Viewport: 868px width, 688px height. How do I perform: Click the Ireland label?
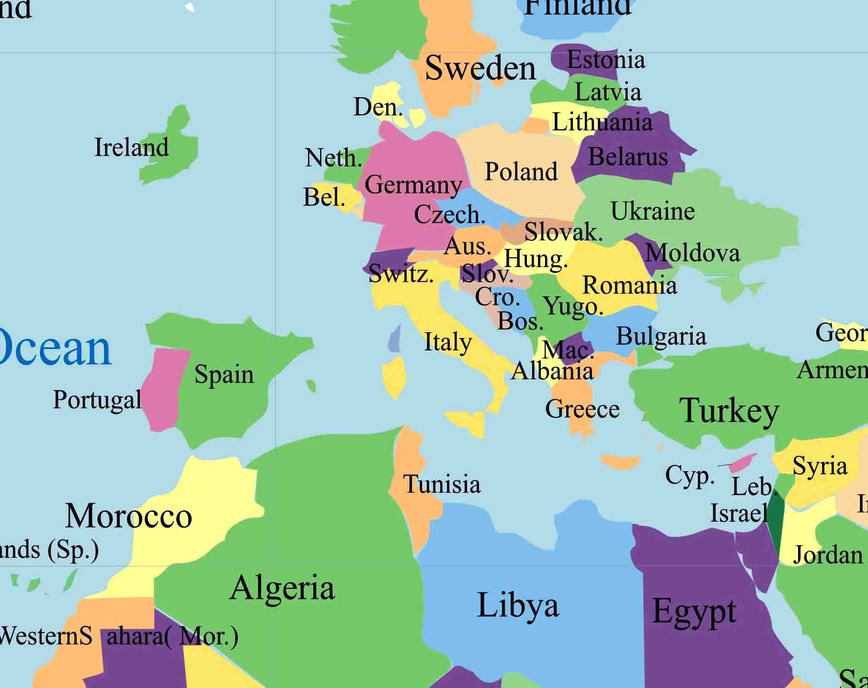[x=131, y=147]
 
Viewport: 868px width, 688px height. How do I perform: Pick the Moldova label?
[x=692, y=252]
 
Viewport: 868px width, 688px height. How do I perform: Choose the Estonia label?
[x=605, y=60]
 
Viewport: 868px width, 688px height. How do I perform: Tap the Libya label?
[x=518, y=606]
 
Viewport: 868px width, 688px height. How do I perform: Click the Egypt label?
[x=694, y=611]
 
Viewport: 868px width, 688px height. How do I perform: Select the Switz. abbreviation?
[x=401, y=274]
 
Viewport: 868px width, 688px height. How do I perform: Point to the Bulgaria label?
[x=661, y=336]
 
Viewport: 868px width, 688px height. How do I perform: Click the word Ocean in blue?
[x=55, y=348]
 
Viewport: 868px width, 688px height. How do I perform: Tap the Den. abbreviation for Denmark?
[x=378, y=106]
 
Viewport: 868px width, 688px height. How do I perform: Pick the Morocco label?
[x=128, y=516]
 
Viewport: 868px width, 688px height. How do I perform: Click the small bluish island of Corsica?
[x=395, y=338]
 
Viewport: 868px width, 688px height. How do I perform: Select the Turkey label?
[x=729, y=410]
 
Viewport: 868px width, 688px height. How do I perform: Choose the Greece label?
[x=582, y=409]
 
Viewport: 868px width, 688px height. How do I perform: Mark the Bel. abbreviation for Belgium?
[x=324, y=197]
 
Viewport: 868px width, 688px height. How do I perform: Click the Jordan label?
[x=828, y=555]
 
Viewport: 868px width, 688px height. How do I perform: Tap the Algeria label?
[x=282, y=587]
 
